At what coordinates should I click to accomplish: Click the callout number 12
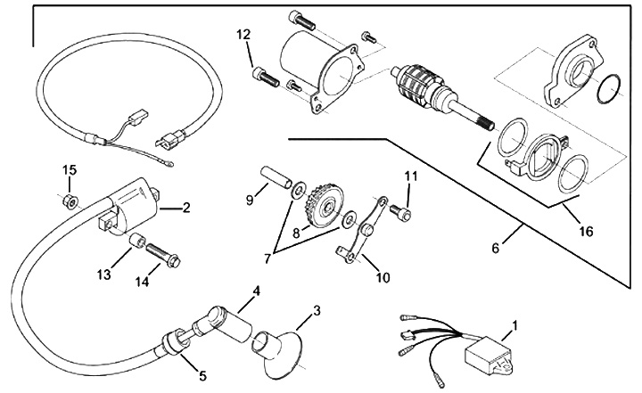tap(243, 35)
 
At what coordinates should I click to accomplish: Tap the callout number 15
tap(70, 170)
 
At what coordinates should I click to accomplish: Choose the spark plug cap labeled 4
tap(227, 321)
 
